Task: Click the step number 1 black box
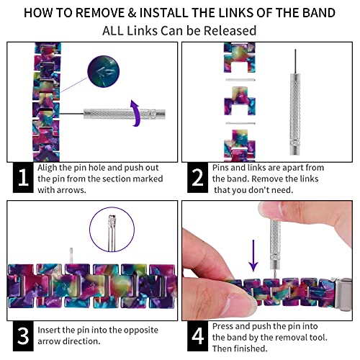23,178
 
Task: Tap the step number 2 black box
197,178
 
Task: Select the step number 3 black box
23,336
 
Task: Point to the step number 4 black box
197,336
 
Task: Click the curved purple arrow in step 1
136,113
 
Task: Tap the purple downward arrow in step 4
253,256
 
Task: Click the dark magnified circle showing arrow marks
103,71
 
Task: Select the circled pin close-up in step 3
112,230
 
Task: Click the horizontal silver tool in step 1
125,114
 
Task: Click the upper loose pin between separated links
240,80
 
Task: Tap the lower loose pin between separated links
240,123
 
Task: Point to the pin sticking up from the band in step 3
71,256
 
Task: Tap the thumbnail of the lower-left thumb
240,300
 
